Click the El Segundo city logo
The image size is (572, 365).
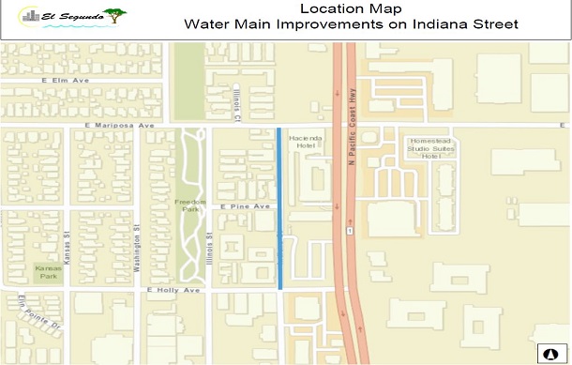pyautogui.click(x=64, y=16)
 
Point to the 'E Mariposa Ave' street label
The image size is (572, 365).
pyautogui.click(x=118, y=125)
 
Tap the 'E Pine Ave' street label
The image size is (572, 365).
pyautogui.click(x=245, y=206)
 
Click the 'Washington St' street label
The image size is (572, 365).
pyautogui.click(x=137, y=251)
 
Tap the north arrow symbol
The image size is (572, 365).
pyautogui.click(x=553, y=353)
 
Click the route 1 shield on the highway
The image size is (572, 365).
pyautogui.click(x=348, y=229)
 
